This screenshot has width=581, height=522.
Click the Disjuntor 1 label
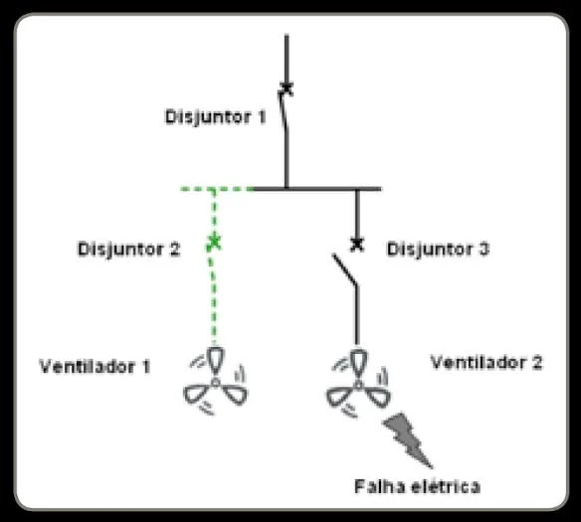click(215, 117)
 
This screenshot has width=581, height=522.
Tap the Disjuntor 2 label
click(128, 250)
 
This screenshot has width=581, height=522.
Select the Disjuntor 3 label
click(438, 250)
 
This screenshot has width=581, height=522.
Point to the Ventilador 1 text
click(95, 367)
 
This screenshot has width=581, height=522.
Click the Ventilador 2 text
click(486, 362)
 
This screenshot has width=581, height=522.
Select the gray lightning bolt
click(408, 439)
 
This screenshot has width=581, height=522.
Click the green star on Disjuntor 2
click(214, 243)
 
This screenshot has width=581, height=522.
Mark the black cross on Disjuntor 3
click(357, 244)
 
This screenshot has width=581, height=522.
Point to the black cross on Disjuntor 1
click(287, 88)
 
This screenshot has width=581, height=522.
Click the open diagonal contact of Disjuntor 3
click(345, 269)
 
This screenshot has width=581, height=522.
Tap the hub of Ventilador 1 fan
click(215, 382)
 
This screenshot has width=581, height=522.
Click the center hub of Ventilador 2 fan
click(358, 385)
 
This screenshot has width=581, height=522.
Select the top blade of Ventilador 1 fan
click(215, 361)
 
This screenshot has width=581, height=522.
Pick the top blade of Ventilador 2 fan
click(358, 364)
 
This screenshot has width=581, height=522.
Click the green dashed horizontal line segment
click(217, 189)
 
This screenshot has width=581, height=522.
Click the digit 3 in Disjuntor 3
click(484, 250)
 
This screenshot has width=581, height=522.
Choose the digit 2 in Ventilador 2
click(537, 362)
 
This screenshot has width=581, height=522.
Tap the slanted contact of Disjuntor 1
click(283, 110)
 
